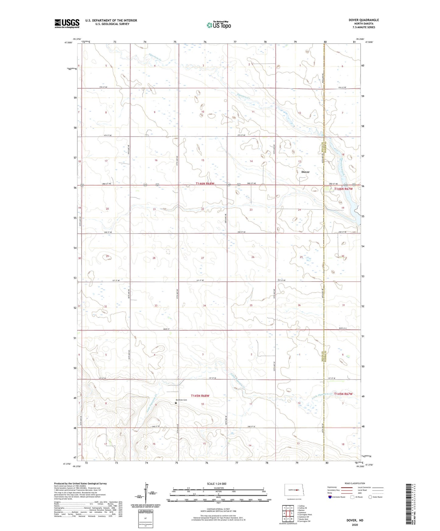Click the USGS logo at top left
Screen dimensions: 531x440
point(67,23)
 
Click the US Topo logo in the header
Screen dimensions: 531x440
point(219,25)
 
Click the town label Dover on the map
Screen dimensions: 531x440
point(305,172)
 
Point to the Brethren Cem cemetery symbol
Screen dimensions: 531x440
point(176,403)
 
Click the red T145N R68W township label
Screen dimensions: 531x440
point(200,396)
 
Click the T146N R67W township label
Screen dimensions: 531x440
point(343,189)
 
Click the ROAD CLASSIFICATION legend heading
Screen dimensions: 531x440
point(355,483)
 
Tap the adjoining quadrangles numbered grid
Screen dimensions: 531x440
point(288,513)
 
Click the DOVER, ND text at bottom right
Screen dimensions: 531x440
point(354,520)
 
